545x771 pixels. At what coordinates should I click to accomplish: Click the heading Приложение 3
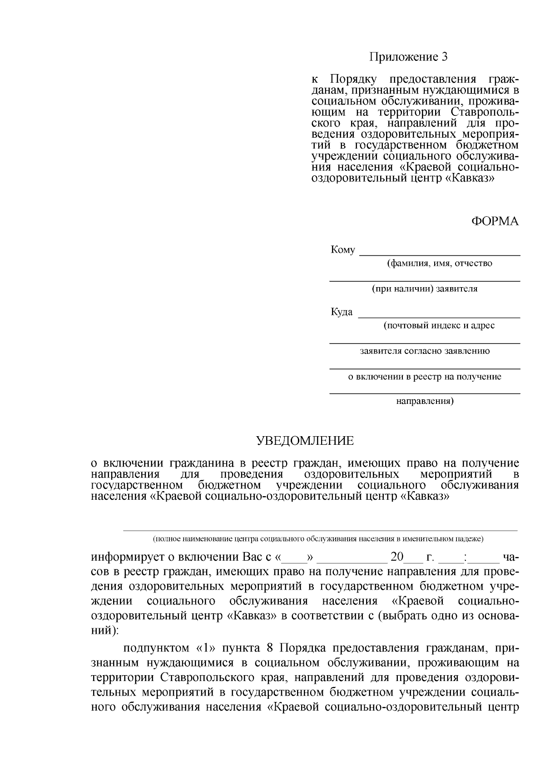408,57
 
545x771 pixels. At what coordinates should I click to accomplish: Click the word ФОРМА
495,221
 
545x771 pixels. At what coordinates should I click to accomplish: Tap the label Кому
342,250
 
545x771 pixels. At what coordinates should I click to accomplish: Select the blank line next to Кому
439,255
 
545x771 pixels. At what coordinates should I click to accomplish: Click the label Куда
342,312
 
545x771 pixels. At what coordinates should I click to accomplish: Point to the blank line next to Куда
439,317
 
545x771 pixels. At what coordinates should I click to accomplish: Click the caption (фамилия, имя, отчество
439,264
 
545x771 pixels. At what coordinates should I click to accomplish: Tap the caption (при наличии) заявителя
425,289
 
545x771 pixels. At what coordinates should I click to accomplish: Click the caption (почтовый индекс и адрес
439,325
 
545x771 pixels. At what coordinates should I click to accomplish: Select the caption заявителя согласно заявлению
425,351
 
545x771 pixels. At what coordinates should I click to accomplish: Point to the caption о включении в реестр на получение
425,377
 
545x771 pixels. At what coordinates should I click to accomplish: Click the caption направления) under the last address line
425,401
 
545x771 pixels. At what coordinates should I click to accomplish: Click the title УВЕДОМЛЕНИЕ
305,441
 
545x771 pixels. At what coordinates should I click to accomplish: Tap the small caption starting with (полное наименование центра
318,539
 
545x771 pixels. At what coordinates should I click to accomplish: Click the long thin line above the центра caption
320,530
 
